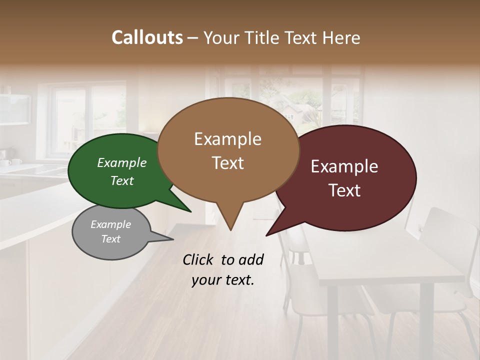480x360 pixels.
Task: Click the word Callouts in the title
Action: click(147, 37)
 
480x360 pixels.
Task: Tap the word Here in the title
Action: click(341, 37)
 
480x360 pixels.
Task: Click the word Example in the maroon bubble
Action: click(344, 166)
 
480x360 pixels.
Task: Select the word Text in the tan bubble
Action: click(228, 163)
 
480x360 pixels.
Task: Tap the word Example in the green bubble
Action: click(122, 162)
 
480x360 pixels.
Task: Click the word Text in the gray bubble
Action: click(111, 239)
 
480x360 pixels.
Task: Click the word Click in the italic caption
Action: click(199, 259)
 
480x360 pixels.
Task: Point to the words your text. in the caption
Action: click(223, 280)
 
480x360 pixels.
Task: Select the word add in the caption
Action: click(250, 259)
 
